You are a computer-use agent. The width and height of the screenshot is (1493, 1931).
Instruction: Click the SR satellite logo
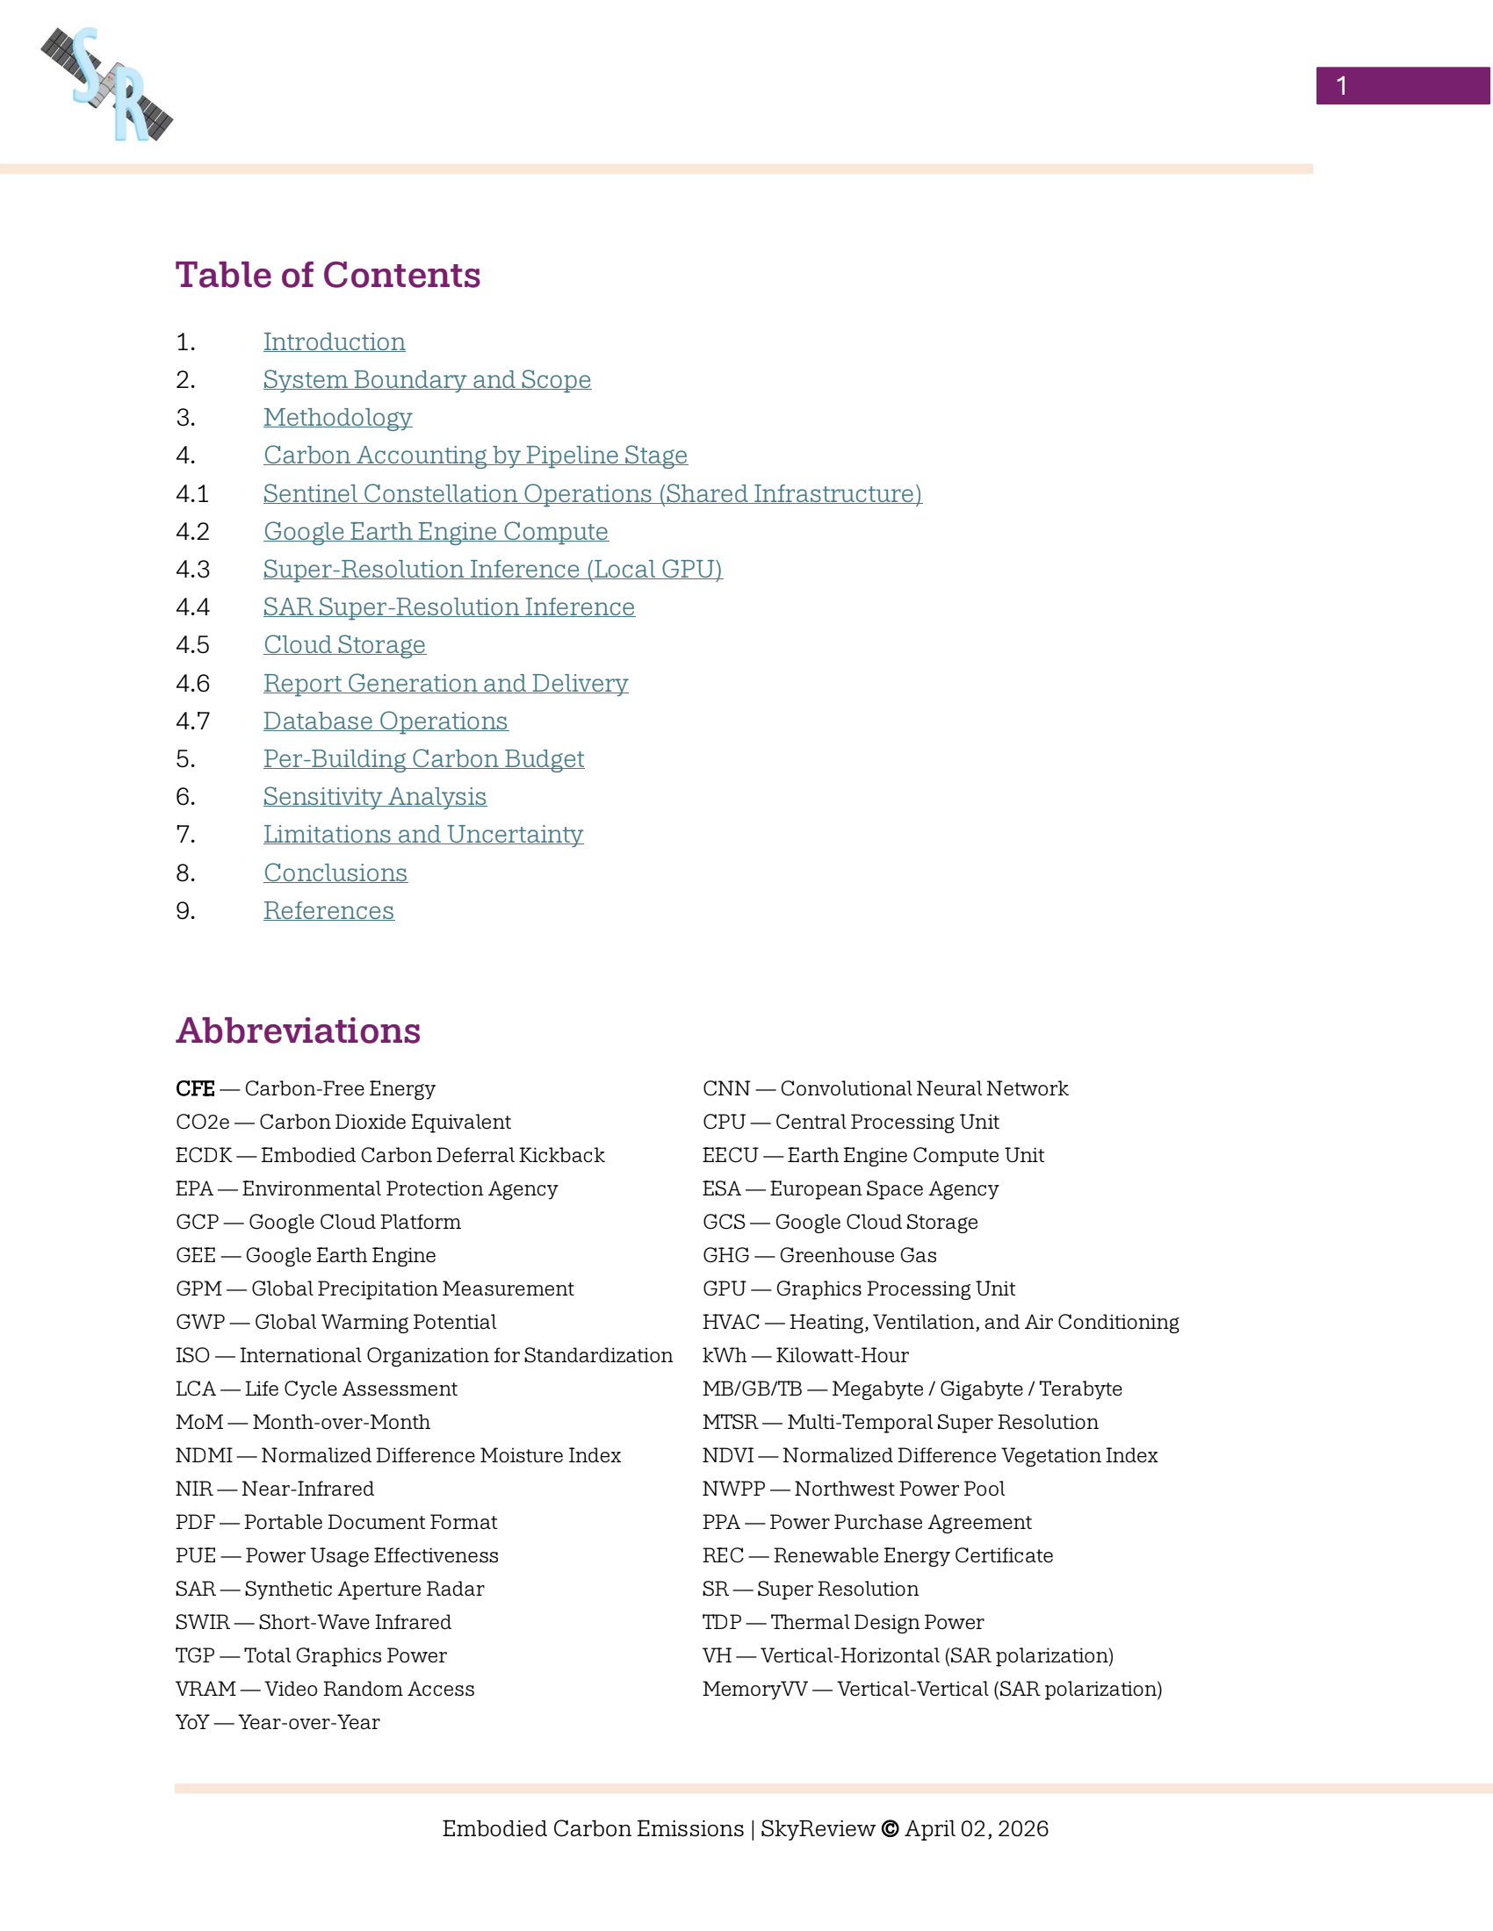(x=107, y=84)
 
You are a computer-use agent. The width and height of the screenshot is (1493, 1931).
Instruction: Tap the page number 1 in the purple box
(x=1341, y=86)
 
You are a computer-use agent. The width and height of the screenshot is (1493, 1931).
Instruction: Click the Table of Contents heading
(x=328, y=275)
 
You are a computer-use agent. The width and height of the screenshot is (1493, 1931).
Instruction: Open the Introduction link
(x=334, y=342)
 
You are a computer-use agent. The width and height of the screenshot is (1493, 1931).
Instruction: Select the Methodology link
(x=337, y=417)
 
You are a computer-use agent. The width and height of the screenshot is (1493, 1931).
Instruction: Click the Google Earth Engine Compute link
(x=435, y=531)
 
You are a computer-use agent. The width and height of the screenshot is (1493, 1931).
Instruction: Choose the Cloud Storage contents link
(x=344, y=644)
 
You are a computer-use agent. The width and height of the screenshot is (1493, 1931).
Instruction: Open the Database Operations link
(x=385, y=721)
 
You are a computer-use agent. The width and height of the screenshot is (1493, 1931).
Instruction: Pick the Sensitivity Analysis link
(x=374, y=797)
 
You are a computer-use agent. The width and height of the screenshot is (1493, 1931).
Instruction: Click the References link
(x=328, y=911)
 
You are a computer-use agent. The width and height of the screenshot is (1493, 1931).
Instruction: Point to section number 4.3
(x=193, y=570)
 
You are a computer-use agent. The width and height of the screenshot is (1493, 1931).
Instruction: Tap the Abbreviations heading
(x=298, y=1031)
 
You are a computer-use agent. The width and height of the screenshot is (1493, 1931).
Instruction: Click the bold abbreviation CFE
(x=195, y=1088)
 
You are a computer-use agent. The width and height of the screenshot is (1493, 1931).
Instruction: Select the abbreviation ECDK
(x=204, y=1156)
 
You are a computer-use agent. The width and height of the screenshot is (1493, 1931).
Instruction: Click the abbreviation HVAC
(x=731, y=1322)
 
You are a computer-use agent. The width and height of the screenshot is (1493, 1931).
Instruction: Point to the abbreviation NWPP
(x=733, y=1489)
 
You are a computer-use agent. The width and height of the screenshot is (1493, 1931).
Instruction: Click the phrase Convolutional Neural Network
(x=923, y=1088)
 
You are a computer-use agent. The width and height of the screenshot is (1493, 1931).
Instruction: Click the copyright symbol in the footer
(x=890, y=1828)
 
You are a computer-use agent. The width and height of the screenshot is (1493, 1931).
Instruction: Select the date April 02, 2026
(x=977, y=1828)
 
